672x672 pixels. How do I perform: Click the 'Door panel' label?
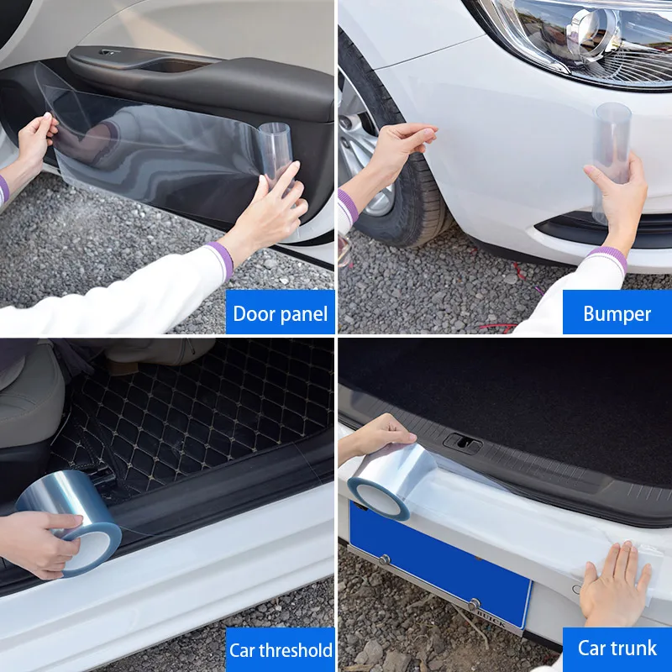(280, 313)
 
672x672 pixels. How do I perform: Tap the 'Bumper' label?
(617, 313)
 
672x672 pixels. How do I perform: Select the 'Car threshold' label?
(281, 649)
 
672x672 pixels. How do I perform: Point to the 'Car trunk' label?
(617, 648)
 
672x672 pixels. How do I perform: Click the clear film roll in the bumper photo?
(612, 160)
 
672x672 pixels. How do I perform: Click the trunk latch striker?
(461, 443)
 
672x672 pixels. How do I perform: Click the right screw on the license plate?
(474, 603)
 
